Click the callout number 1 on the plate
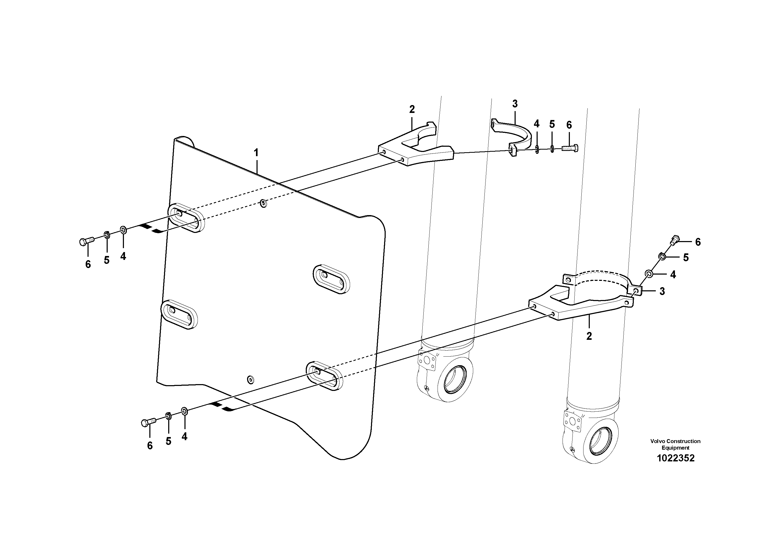click(x=256, y=153)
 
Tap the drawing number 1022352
click(x=675, y=458)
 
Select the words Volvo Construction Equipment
click(x=675, y=444)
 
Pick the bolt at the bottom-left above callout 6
click(x=148, y=423)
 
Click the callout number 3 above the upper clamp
click(x=515, y=104)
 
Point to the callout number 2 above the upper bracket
click(x=412, y=109)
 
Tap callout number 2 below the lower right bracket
click(x=589, y=336)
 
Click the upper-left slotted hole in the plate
click(x=186, y=218)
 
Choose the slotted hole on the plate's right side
click(x=331, y=279)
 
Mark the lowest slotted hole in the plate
click(x=324, y=376)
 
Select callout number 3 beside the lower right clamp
click(x=662, y=291)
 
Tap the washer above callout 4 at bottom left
click(x=184, y=411)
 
